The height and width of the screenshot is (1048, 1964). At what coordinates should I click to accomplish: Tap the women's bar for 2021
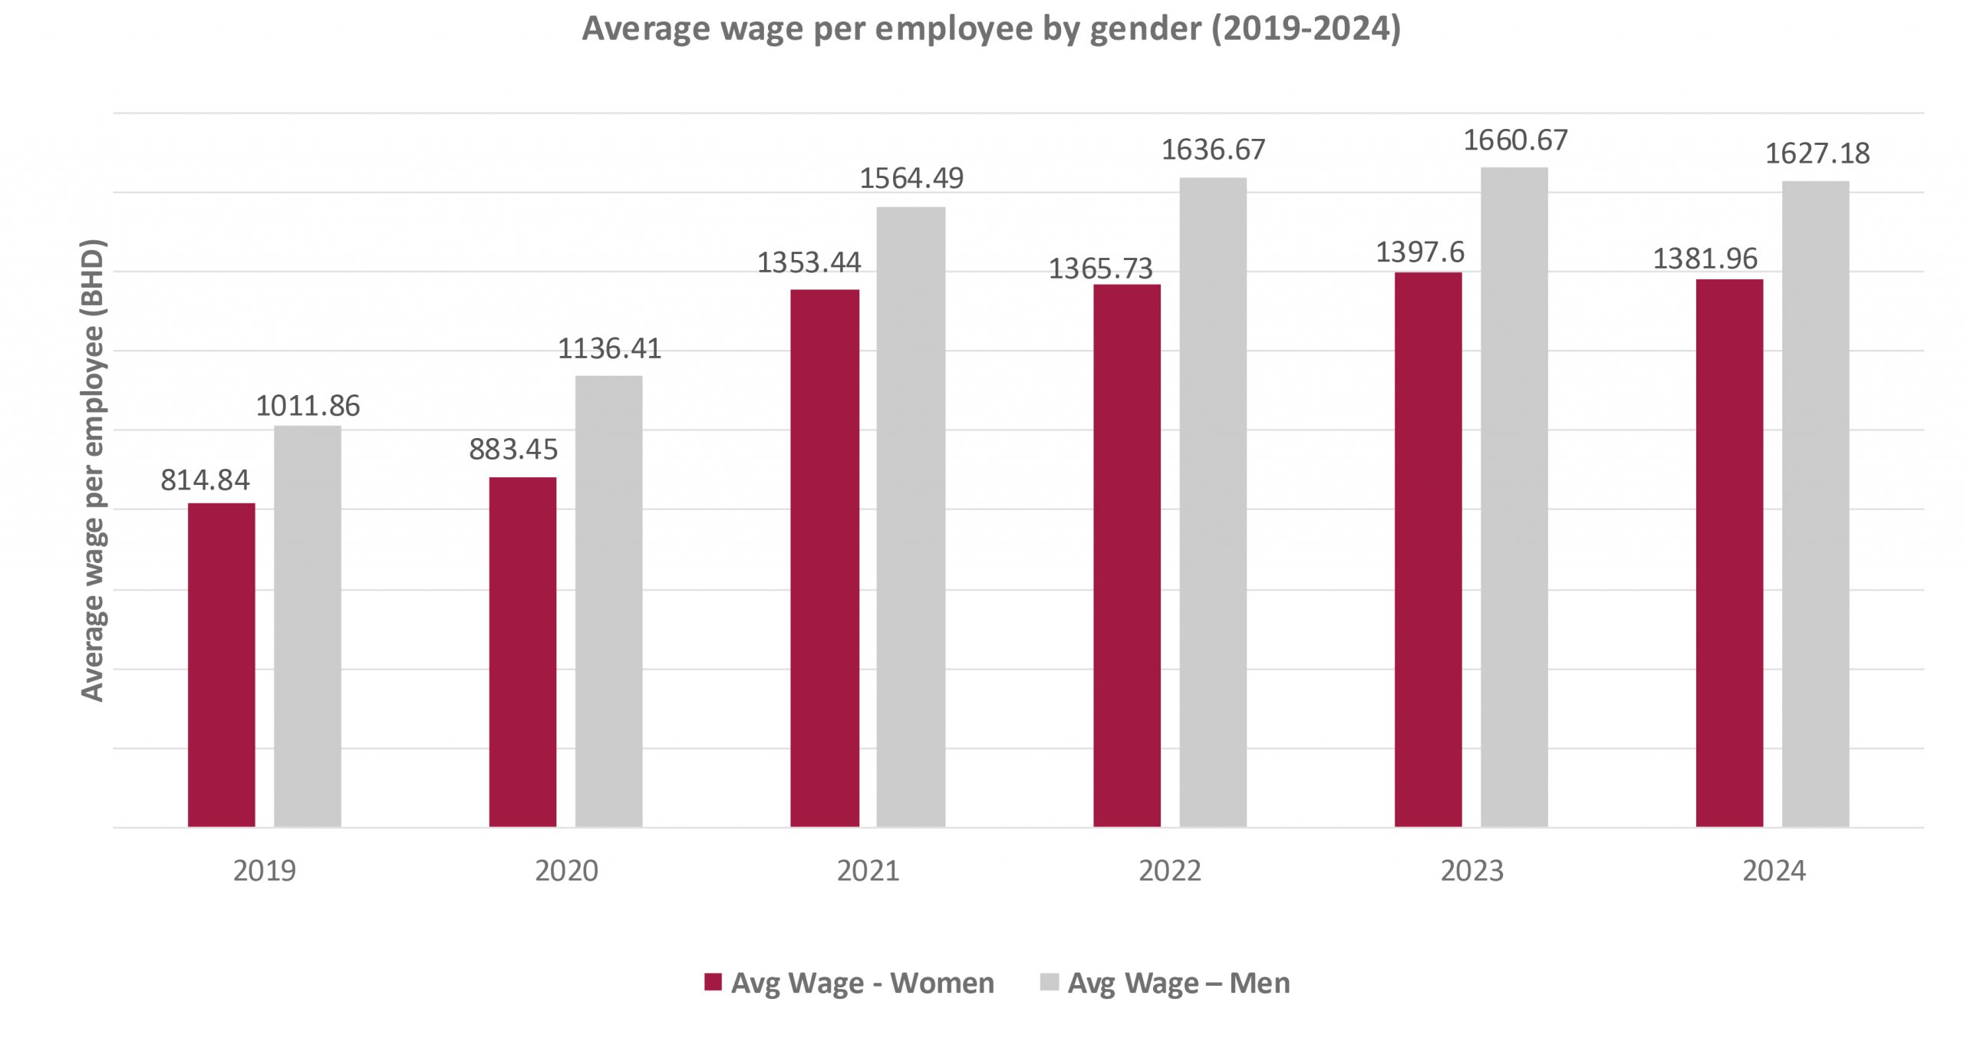(825, 558)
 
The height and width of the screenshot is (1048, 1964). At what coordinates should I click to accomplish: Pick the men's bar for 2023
(1514, 496)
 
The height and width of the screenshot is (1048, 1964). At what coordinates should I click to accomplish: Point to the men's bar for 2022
(1212, 502)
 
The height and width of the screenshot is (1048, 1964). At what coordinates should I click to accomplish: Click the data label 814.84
(205, 480)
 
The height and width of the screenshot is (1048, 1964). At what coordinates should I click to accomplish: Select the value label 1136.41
(609, 349)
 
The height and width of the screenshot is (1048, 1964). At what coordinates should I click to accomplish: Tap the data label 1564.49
(911, 179)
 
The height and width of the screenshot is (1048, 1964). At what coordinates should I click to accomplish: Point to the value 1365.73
(1100, 269)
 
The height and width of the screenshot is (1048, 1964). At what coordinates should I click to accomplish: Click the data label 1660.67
(1515, 140)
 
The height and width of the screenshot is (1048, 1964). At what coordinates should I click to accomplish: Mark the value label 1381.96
(1705, 259)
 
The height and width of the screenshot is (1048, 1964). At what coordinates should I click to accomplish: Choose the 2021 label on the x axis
(868, 871)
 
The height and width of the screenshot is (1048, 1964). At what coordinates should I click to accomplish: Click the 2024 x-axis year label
(1774, 871)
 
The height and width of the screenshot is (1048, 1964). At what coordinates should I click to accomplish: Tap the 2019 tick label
(264, 871)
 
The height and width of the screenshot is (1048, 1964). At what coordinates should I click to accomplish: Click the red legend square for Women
(713, 982)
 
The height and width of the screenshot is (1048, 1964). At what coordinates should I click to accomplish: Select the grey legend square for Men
(1049, 982)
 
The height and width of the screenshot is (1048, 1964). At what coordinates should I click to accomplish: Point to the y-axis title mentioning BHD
(93, 470)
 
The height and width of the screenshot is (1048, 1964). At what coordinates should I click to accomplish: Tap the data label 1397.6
(1419, 252)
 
